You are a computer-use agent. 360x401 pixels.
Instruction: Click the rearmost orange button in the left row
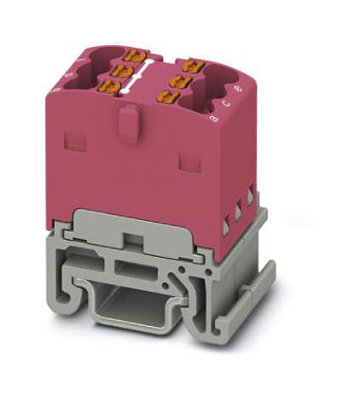point(132,56)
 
